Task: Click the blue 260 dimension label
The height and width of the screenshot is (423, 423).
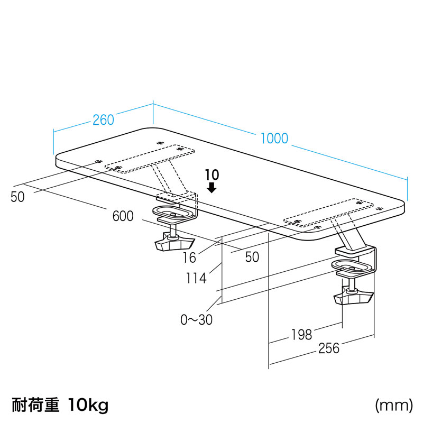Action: coord(103,120)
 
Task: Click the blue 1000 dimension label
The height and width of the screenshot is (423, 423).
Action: coord(274,139)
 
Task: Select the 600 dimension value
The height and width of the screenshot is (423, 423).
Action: coord(123,216)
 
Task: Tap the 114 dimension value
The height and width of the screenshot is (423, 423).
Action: coord(196,278)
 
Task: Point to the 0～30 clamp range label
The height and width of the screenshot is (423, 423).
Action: coord(196,320)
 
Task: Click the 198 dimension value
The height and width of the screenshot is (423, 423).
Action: coord(301,335)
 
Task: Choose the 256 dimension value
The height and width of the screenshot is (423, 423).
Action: coord(328,348)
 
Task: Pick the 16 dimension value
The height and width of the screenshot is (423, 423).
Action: coord(189,258)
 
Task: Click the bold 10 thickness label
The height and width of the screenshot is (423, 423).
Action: coord(212,175)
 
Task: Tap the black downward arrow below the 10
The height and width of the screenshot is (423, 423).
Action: coord(212,188)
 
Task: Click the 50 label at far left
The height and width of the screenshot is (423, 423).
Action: coord(17,197)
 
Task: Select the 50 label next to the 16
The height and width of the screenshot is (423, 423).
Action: coord(252,257)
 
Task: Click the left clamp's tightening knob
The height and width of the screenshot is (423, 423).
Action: coord(174,243)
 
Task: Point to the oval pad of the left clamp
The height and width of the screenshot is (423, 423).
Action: coord(173,213)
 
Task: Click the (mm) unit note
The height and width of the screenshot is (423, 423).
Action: coord(394,406)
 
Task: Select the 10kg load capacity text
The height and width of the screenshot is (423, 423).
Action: coord(88,405)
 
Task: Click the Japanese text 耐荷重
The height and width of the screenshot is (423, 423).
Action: coord(35,405)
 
